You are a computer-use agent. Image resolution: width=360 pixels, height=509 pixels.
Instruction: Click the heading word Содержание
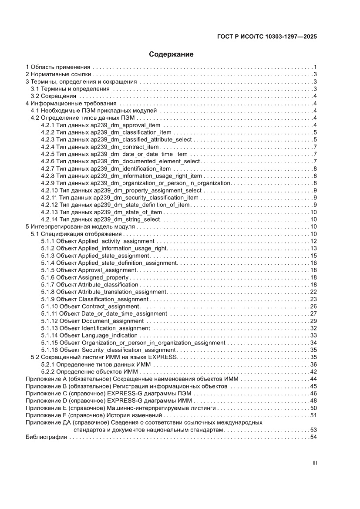(x=171, y=54)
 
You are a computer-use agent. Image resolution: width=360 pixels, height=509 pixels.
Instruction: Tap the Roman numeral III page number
(x=314, y=463)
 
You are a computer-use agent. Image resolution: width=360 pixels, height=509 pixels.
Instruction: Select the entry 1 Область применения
(x=58, y=67)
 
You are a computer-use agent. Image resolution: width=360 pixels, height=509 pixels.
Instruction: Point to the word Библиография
(x=46, y=437)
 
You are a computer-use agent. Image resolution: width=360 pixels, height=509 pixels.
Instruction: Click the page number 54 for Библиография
(x=313, y=437)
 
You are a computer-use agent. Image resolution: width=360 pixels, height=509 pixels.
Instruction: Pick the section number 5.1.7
(x=47, y=285)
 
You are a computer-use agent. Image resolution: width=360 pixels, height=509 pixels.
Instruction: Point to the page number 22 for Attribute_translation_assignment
(x=313, y=292)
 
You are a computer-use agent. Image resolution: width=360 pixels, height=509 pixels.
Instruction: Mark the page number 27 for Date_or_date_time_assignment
(x=313, y=313)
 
